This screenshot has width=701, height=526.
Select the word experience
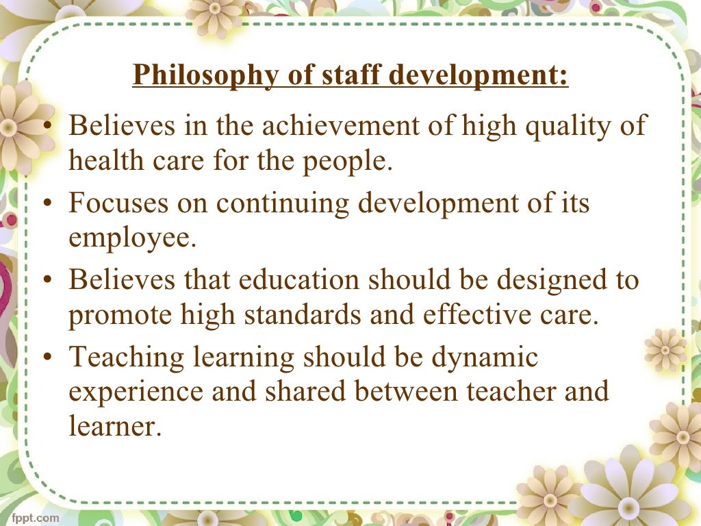pos(135,393)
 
